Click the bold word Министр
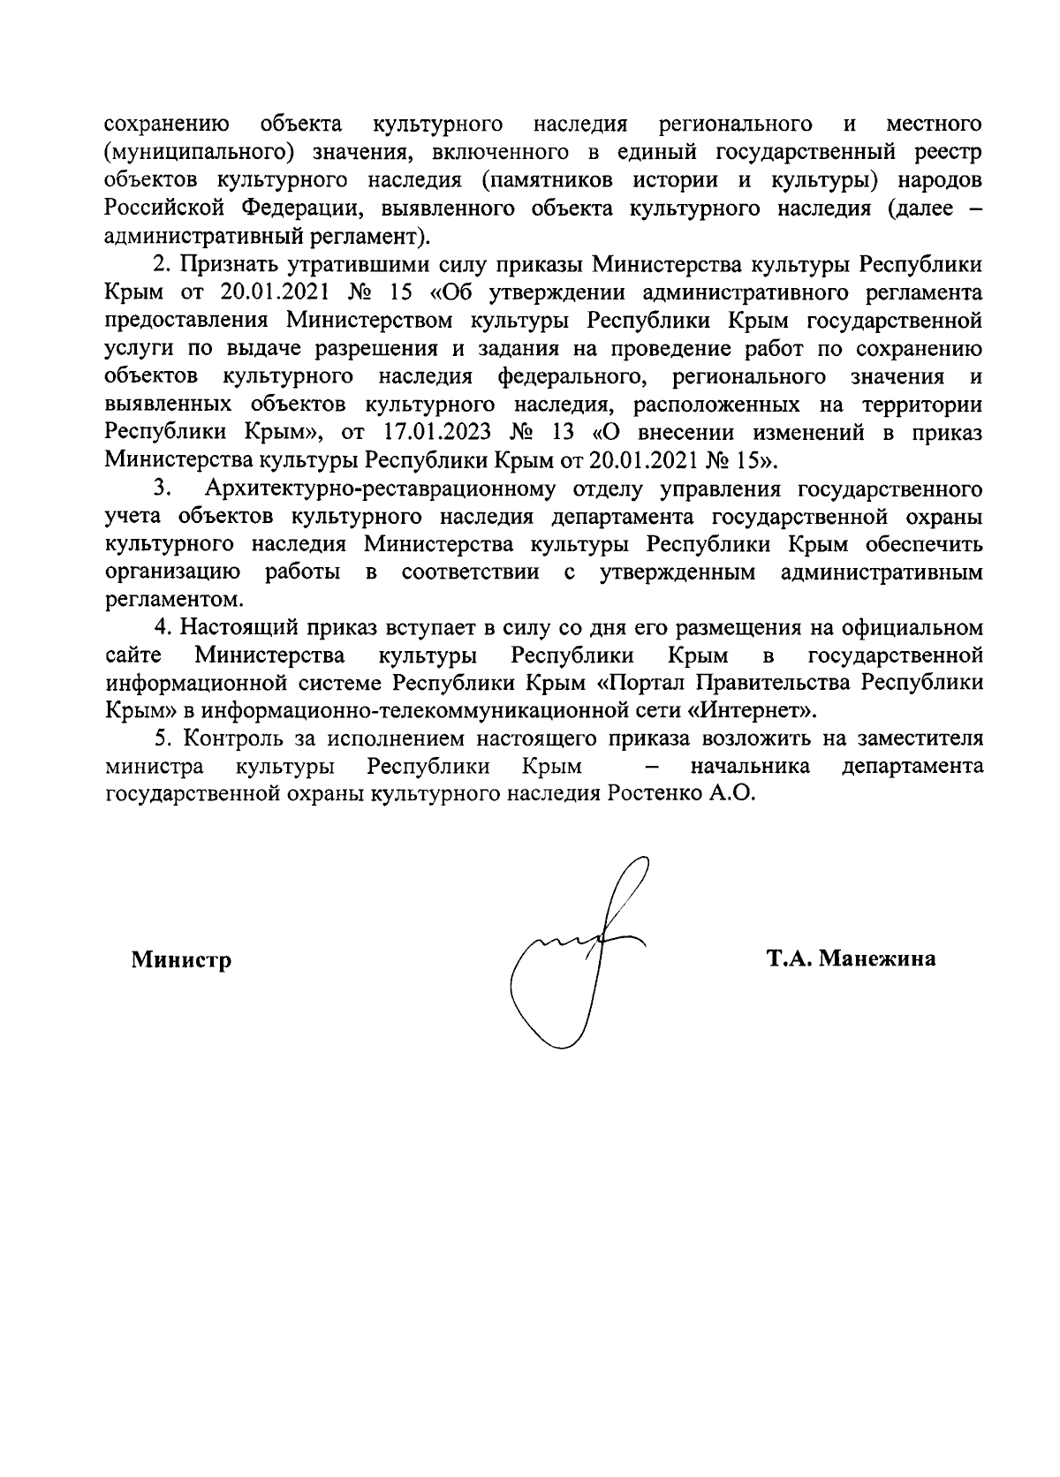pos(182,959)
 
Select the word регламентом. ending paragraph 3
pos(161,600)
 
